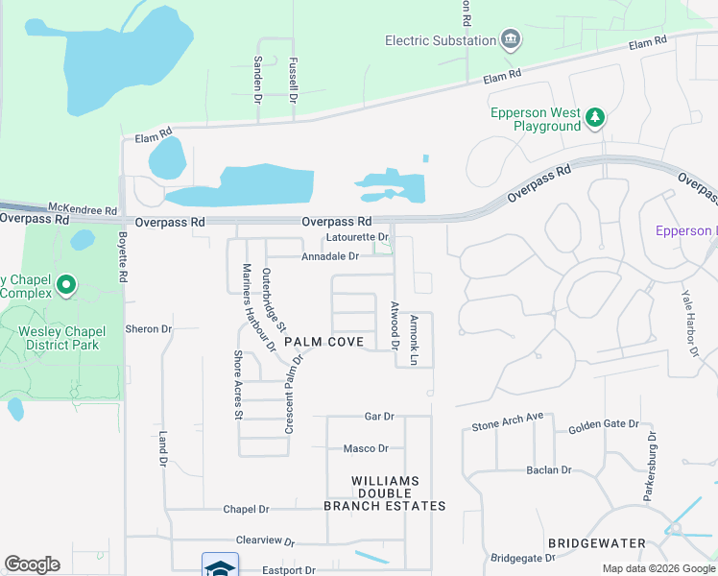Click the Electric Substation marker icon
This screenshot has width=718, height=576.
pyautogui.click(x=512, y=40)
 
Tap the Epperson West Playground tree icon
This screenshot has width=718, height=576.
pyautogui.click(x=596, y=117)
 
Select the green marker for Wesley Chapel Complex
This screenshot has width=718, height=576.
pyautogui.click(x=66, y=284)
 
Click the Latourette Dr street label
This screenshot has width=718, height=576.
pyautogui.click(x=356, y=236)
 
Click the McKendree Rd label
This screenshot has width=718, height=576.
pyautogui.click(x=83, y=209)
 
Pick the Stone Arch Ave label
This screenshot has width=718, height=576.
pyautogui.click(x=508, y=426)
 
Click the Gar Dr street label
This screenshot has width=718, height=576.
pyautogui.click(x=379, y=417)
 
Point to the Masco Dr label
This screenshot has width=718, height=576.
pyautogui.click(x=366, y=448)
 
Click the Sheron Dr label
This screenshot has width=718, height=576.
pyautogui.click(x=148, y=328)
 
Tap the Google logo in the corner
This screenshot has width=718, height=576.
pyautogui.click(x=32, y=564)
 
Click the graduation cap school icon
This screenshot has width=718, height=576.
pyautogui.click(x=220, y=565)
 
